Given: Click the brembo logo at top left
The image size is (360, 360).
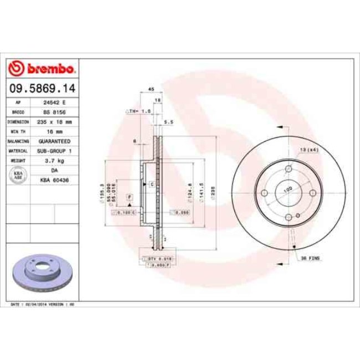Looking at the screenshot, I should [43, 69].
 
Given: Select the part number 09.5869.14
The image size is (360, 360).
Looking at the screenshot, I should [42, 88].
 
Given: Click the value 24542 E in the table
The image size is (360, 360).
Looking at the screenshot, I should [54, 103].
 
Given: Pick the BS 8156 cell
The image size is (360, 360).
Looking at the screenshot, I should [54, 112].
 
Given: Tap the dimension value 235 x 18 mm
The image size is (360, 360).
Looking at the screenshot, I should [54, 122].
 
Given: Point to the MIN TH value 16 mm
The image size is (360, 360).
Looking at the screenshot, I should [54, 131].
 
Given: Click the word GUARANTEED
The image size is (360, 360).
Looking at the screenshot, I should [54, 141].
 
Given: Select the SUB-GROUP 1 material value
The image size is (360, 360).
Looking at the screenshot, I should [54, 151].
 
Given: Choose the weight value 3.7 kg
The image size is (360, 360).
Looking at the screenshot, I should [54, 161].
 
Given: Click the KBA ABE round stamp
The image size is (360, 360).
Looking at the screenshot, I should [17, 176].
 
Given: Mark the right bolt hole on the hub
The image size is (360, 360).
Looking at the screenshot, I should [312, 193].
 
